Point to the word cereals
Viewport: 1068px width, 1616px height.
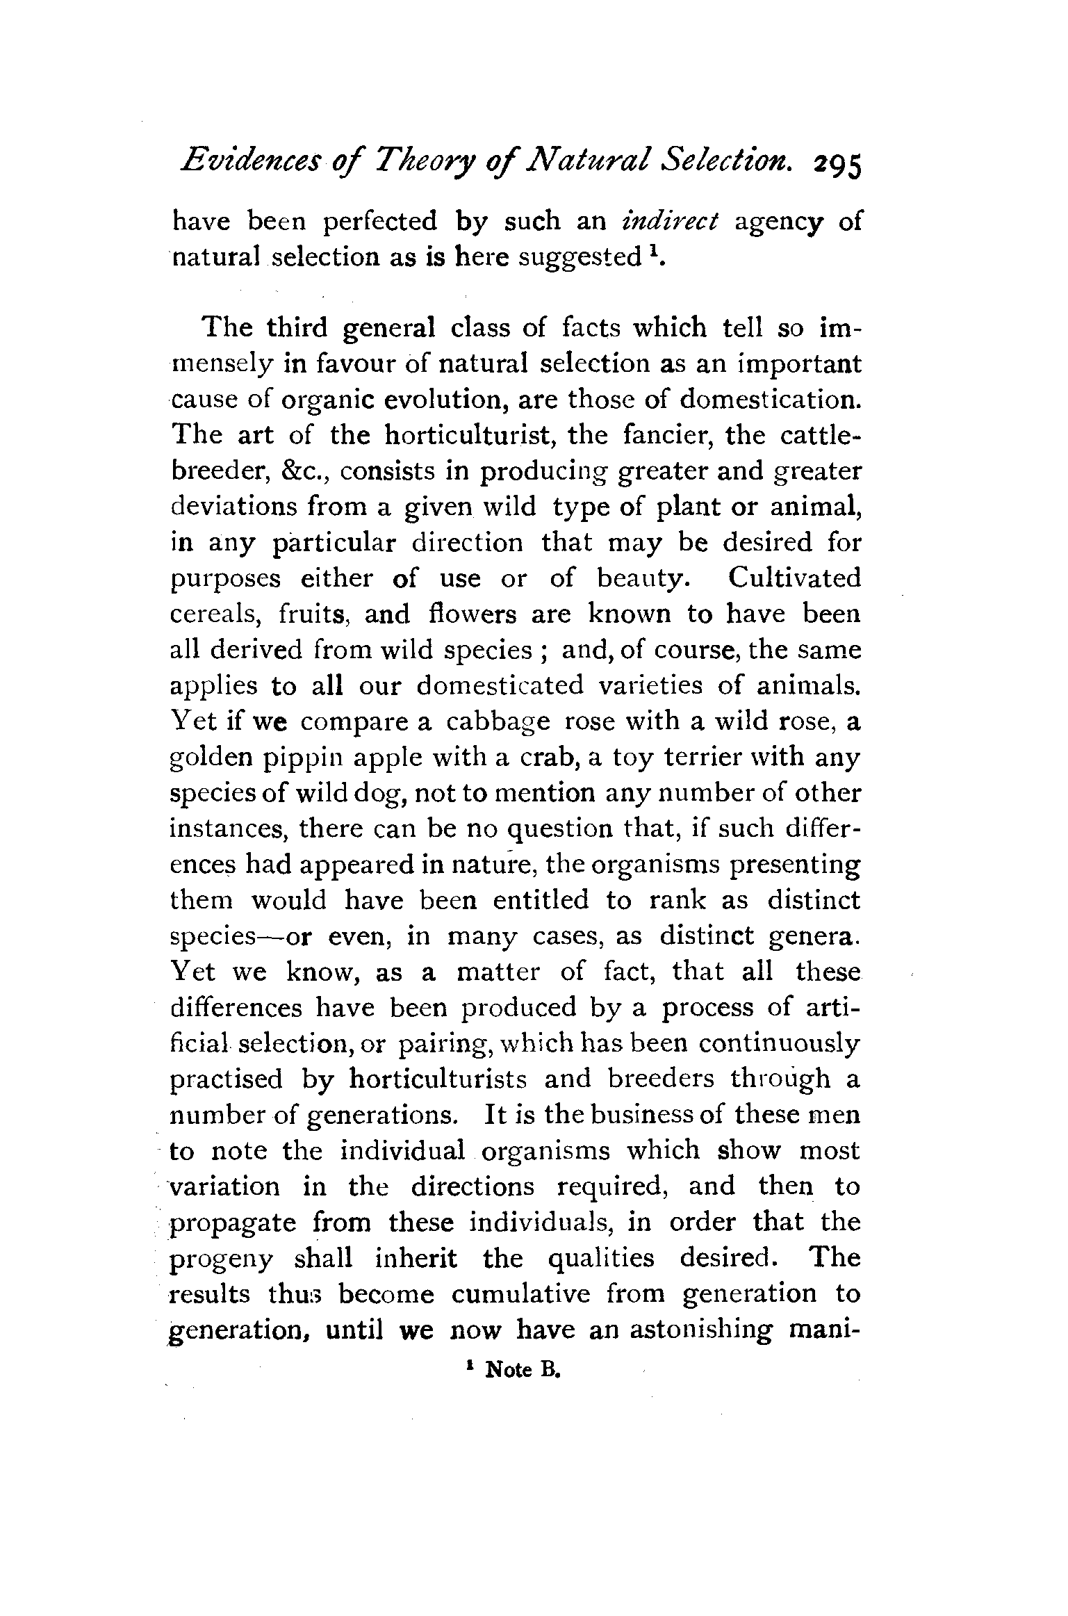coord(216,614)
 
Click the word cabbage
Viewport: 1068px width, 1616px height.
coord(498,721)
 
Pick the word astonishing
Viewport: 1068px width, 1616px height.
coord(700,1330)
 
